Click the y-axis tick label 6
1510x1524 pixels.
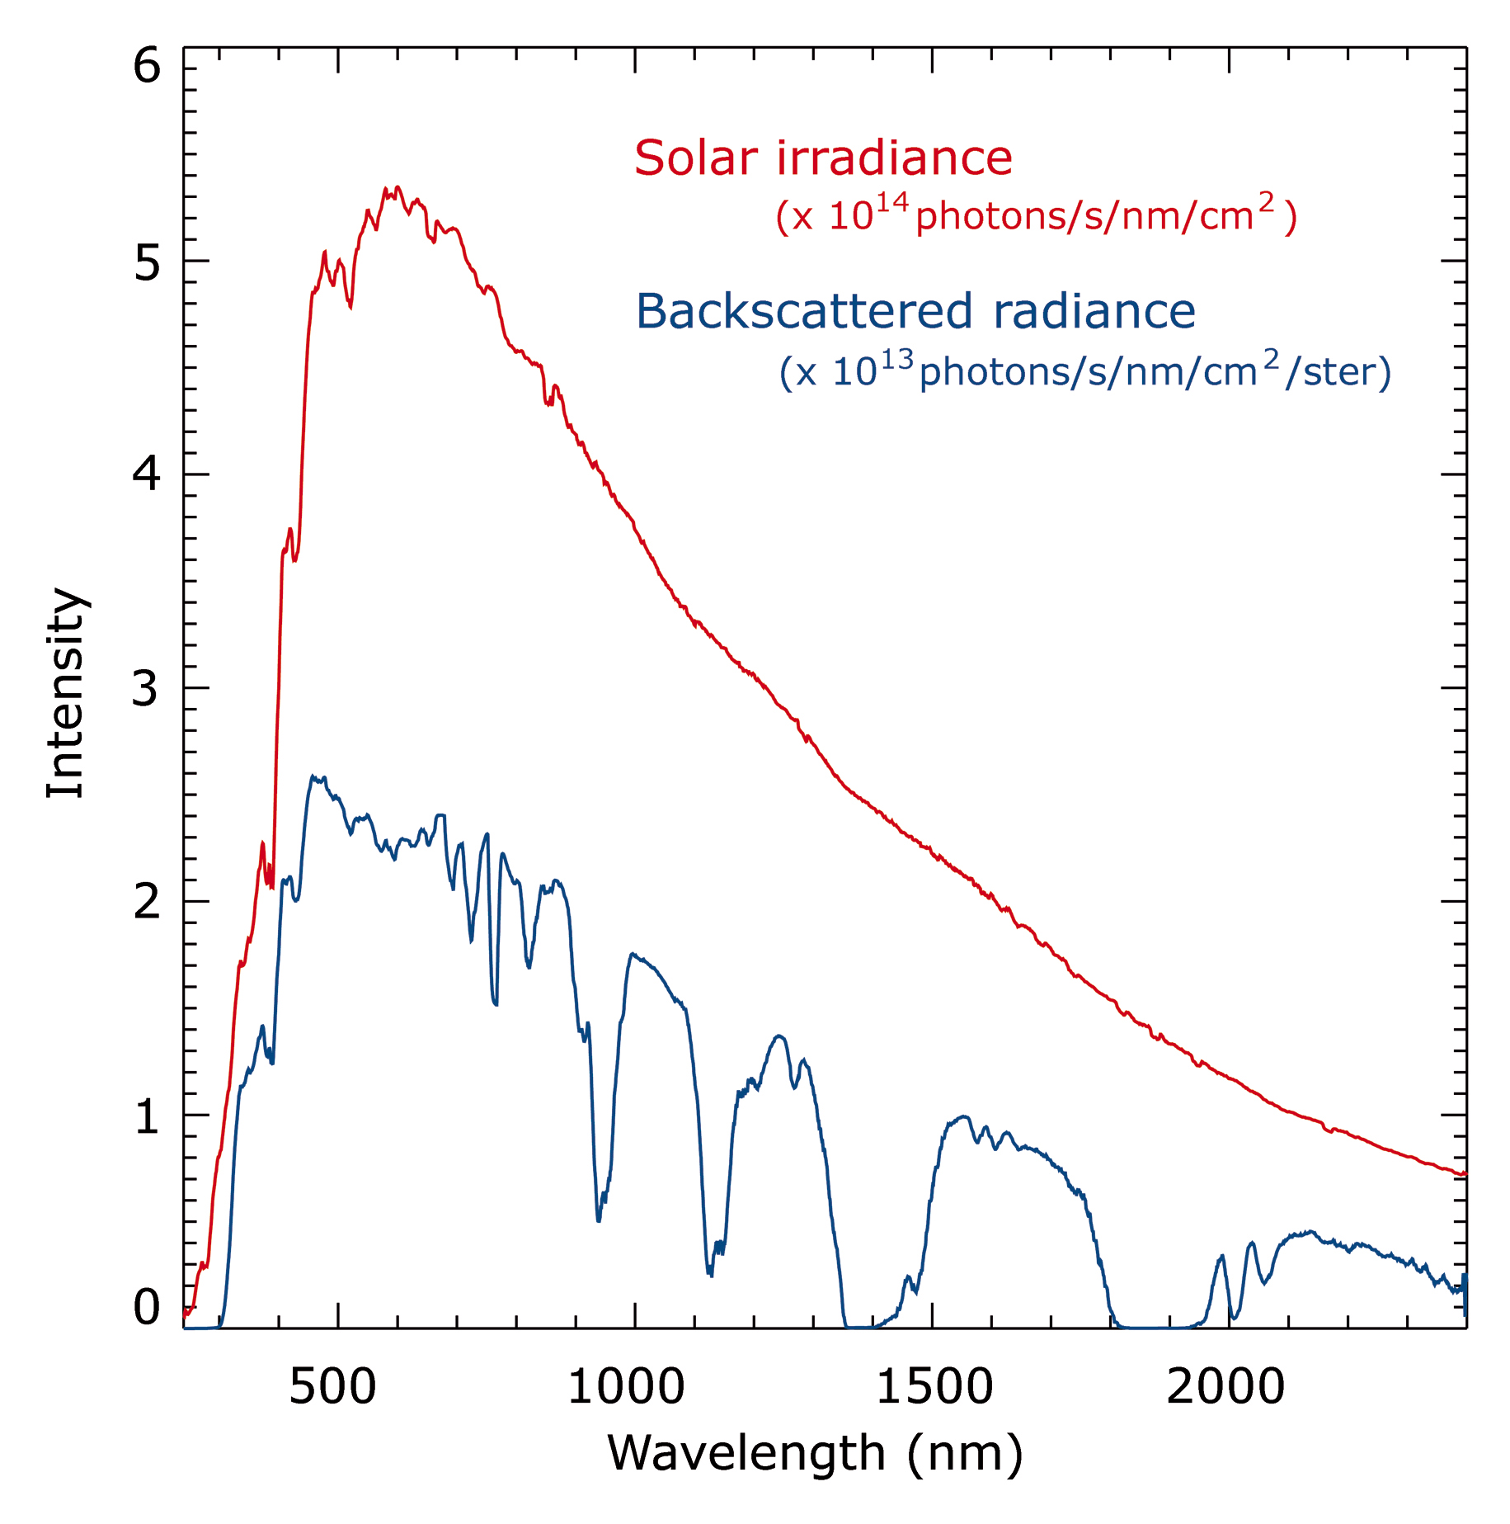pos(147,65)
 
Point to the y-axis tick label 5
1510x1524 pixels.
pos(147,264)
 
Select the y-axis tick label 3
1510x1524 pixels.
pos(145,687)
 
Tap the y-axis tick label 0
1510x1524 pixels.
pos(147,1307)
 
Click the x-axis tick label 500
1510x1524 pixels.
pos(332,1386)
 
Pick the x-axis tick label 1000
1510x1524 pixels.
pos(627,1386)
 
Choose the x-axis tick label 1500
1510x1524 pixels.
pos(934,1386)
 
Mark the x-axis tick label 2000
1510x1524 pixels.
pos(1225,1386)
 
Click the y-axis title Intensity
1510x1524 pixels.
pos(66,693)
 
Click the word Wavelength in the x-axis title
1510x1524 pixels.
pos(746,1454)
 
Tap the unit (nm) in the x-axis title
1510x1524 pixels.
pos(965,1454)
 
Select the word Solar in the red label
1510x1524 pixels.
pos(696,158)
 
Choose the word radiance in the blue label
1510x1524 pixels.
pos(1094,312)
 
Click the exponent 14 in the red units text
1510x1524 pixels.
pos(892,203)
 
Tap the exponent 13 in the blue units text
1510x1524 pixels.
pos(898,360)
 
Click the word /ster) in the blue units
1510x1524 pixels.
pos(1338,373)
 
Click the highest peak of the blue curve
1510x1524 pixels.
pos(313,776)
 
